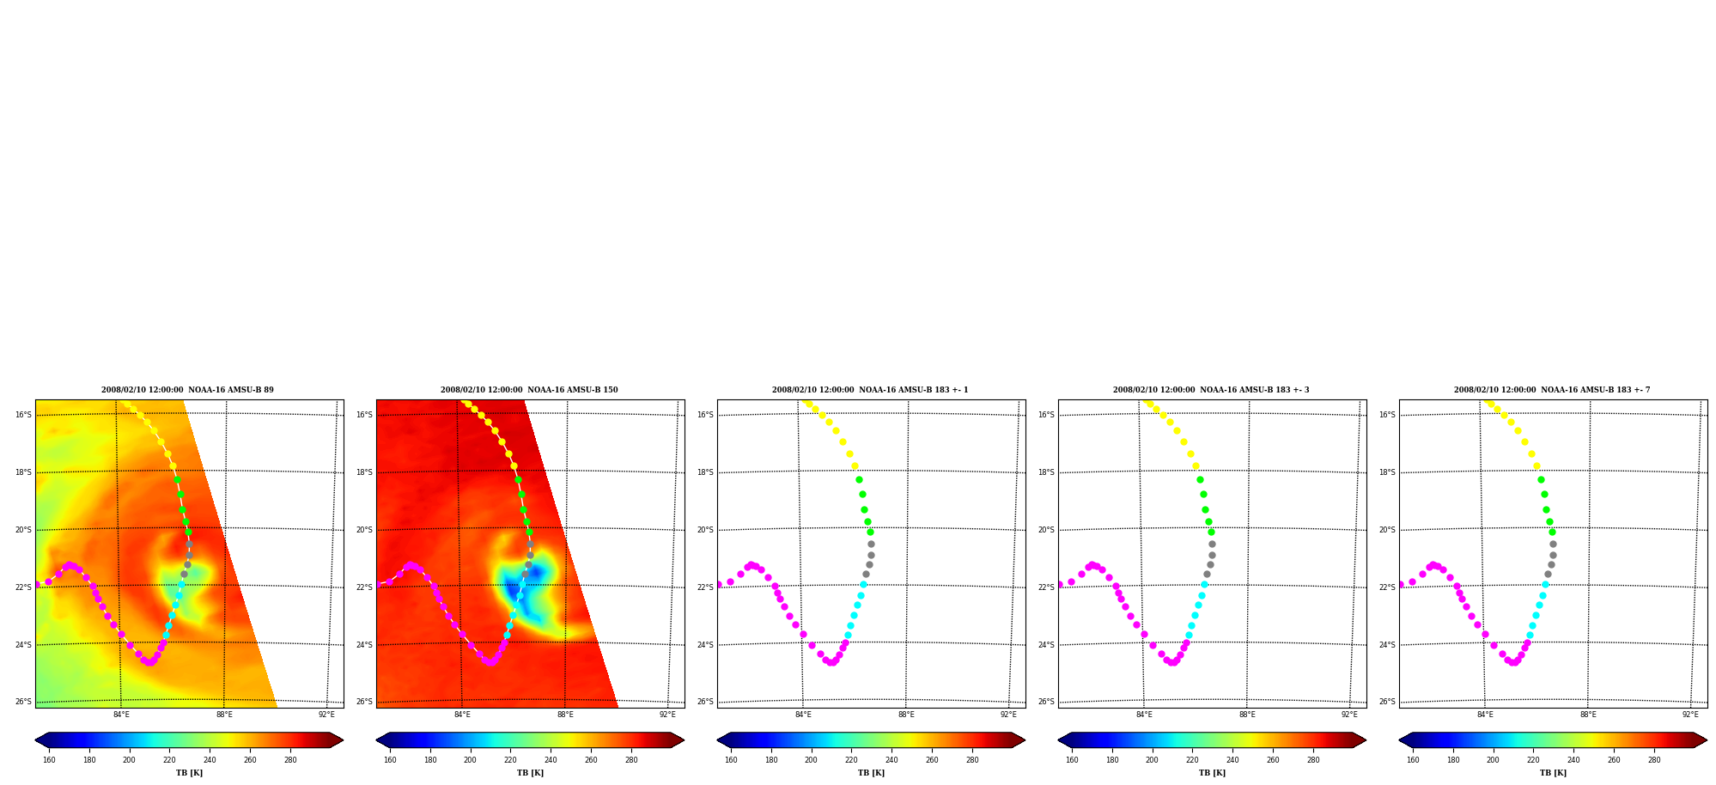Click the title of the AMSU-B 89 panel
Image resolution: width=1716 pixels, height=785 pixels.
click(x=187, y=390)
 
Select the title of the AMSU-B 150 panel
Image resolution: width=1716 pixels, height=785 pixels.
click(x=529, y=390)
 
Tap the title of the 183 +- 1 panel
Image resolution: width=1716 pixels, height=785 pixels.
click(x=870, y=390)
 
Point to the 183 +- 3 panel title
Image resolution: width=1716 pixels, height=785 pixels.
click(x=1211, y=390)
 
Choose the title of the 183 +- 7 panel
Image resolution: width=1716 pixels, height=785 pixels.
click(x=1552, y=390)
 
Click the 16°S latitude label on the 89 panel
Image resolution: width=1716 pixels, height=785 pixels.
click(x=23, y=415)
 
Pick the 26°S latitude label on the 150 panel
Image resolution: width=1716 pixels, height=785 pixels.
click(x=364, y=702)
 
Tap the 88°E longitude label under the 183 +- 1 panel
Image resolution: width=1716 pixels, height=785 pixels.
click(x=906, y=715)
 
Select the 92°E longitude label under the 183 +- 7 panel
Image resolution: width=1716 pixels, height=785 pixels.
click(x=1690, y=715)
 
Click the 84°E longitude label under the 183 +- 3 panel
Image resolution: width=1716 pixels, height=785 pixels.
click(x=1144, y=715)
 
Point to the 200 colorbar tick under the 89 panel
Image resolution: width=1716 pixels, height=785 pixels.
click(x=129, y=759)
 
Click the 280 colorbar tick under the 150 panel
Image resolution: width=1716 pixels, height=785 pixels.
click(x=631, y=759)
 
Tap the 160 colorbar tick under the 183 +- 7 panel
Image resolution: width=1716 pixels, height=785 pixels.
click(x=1413, y=759)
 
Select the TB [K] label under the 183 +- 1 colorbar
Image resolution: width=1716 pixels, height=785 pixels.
click(x=871, y=773)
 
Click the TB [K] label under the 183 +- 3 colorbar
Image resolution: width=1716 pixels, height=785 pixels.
click(x=1212, y=773)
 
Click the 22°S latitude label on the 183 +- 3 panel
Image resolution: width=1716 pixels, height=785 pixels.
click(x=1046, y=587)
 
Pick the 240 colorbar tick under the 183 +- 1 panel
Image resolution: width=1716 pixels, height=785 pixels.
click(x=891, y=759)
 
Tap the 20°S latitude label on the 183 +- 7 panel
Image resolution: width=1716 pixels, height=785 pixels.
click(x=1387, y=530)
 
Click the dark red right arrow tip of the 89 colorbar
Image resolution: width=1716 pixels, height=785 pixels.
click(x=343, y=740)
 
